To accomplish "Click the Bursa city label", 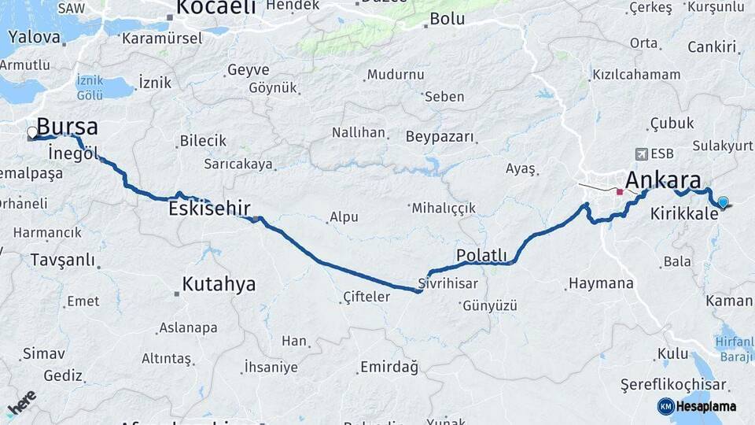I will (68, 127).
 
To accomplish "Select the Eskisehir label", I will (209, 209).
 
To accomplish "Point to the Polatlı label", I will (481, 255).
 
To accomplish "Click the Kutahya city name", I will (219, 283).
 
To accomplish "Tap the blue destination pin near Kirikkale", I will (723, 202).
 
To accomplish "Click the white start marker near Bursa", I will (32, 132).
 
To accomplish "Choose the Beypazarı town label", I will (440, 137).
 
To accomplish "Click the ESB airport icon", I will (642, 153).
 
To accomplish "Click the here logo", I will (21, 403).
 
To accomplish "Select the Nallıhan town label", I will (358, 132).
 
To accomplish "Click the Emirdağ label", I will (389, 367).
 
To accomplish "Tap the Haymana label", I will (601, 283).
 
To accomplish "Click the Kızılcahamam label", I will (636, 75).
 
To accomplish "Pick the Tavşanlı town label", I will (62, 260).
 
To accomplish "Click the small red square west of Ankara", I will (620, 191).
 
